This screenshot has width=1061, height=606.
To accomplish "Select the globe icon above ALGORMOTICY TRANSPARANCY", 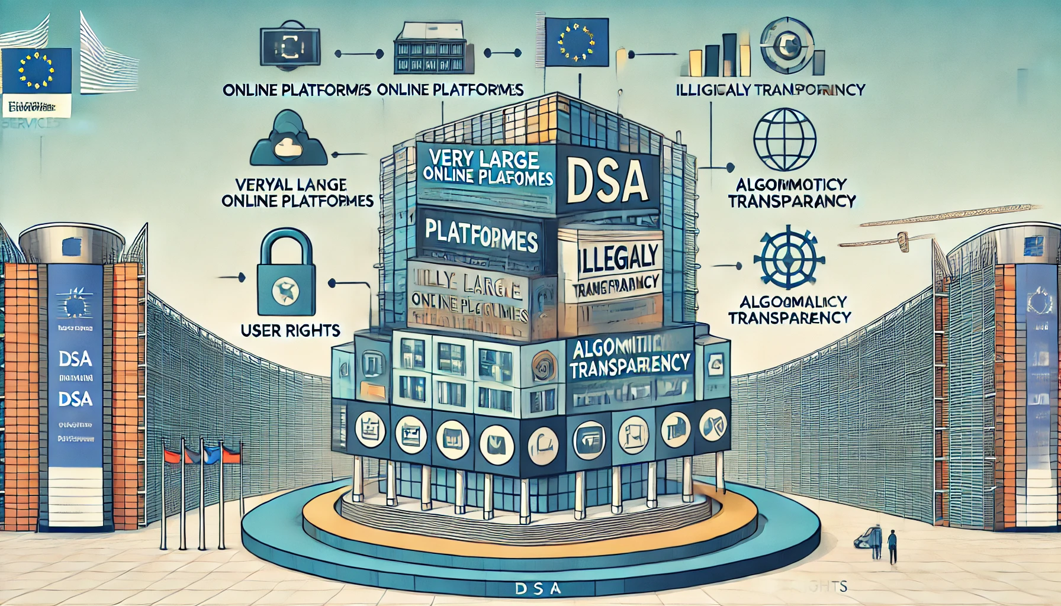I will (785, 139).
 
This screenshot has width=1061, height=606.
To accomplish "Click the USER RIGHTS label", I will (290, 330).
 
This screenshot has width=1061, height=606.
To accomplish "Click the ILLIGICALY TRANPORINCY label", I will (770, 90).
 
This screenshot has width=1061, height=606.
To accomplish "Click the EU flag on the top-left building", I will (36, 71).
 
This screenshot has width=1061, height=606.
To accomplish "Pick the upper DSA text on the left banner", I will (75, 359).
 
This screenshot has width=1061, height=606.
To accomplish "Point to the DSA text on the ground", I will (537, 589).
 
